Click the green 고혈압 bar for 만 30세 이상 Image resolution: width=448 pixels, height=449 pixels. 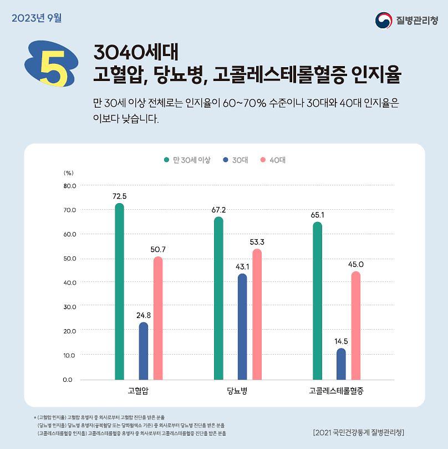click(x=119, y=291)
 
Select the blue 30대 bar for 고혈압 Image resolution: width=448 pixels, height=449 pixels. click(x=144, y=351)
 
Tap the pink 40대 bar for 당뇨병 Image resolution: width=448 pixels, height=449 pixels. click(x=257, y=315)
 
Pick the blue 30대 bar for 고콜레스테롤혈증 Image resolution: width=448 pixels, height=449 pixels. click(x=341, y=364)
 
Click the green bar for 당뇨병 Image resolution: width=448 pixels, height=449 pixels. click(x=218, y=298)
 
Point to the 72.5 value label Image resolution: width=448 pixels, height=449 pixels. click(x=119, y=196)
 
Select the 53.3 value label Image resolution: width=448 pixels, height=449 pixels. click(x=257, y=242)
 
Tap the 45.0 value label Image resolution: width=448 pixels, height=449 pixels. click(x=356, y=264)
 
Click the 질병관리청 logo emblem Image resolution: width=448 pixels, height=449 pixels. click(x=384, y=21)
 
